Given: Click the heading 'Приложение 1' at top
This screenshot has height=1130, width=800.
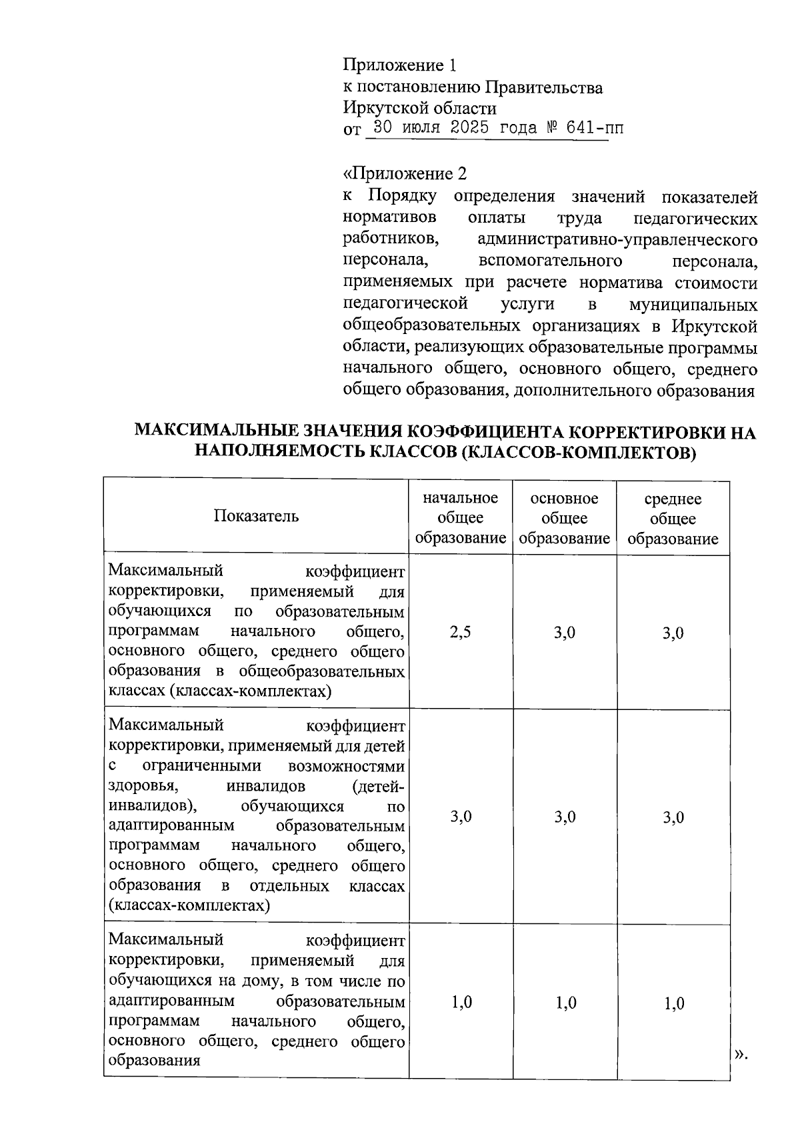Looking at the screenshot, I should click(x=399, y=65).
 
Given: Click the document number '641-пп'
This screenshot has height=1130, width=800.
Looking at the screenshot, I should click(x=595, y=128).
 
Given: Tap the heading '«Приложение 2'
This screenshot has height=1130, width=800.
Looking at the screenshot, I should click(x=405, y=174).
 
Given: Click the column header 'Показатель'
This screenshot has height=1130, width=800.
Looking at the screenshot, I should click(x=256, y=516).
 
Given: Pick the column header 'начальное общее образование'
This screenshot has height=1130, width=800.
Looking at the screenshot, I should click(x=461, y=518).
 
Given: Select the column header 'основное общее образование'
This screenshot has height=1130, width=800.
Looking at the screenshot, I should click(x=565, y=518).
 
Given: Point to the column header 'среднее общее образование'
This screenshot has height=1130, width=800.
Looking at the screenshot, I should click(x=673, y=519).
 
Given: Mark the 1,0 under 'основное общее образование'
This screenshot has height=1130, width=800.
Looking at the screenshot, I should click(x=565, y=1003).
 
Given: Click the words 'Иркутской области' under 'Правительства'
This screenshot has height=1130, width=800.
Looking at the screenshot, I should click(x=419, y=108).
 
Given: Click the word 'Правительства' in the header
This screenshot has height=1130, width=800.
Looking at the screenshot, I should click(x=543, y=87).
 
